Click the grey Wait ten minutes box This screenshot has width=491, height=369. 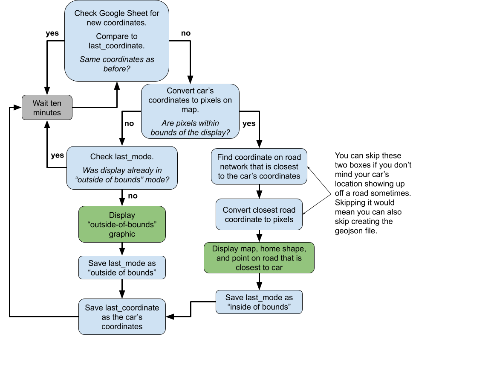[47, 108]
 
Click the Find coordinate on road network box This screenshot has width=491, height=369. [259, 167]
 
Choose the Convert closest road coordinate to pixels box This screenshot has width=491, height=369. [259, 214]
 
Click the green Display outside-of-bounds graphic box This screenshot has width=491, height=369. [122, 224]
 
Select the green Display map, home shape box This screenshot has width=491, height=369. [259, 258]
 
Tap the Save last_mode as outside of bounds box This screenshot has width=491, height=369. [122, 268]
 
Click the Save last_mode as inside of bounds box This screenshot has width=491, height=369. [259, 302]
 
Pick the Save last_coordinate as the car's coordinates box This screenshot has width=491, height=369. [122, 317]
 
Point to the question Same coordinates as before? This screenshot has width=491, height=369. [117, 64]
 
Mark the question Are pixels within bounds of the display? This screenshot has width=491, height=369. [190, 128]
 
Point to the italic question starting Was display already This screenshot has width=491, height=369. [122, 175]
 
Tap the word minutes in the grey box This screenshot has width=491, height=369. [47, 113]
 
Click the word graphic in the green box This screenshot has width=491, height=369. [122, 234]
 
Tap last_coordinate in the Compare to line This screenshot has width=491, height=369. [117, 46]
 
